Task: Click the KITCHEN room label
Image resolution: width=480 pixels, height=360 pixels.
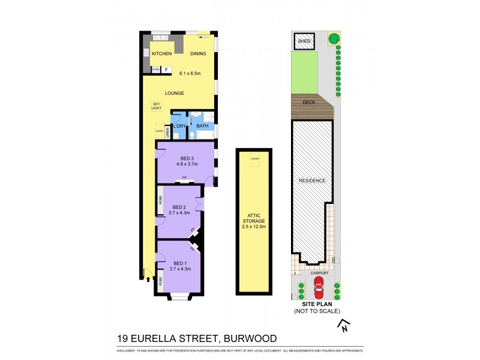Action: point(161,54)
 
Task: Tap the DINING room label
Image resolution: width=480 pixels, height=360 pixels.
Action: point(198,54)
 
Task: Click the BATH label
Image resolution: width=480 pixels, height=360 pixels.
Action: point(202,126)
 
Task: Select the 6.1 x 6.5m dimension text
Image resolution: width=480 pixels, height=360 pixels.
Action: point(192,73)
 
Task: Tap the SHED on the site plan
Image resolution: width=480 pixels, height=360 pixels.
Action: point(301,41)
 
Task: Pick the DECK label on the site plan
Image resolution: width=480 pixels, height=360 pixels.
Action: point(308,102)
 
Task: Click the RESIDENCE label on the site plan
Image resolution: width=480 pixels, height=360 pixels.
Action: point(312,181)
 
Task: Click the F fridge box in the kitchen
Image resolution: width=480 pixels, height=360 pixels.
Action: point(166,70)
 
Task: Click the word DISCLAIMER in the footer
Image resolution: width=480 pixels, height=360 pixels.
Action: point(127,350)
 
